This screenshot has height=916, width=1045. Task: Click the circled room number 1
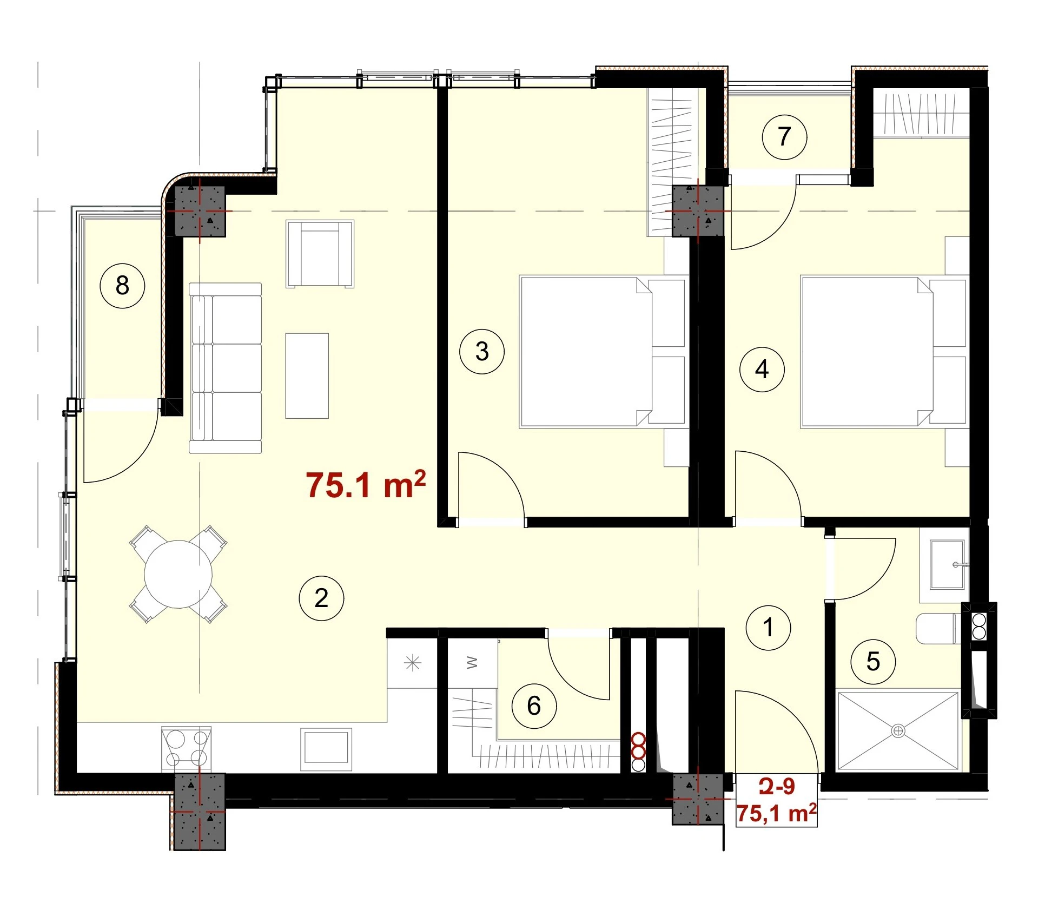pyautogui.click(x=768, y=628)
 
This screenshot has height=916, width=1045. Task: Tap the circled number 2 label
pyautogui.click(x=321, y=598)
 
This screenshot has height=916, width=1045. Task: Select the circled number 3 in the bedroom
pyautogui.click(x=482, y=352)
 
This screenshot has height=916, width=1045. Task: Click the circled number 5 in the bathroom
pyautogui.click(x=873, y=661)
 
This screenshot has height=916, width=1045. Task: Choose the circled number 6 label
pyautogui.click(x=534, y=706)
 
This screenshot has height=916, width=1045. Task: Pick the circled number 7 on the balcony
pyautogui.click(x=784, y=136)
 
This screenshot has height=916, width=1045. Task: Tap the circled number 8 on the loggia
pyautogui.click(x=122, y=285)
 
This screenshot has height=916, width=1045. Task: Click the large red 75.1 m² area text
pyautogui.click(x=366, y=484)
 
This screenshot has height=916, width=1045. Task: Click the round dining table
pyautogui.click(x=178, y=574)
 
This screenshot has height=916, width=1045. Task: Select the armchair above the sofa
pyautogui.click(x=320, y=254)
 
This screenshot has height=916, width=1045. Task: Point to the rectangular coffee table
pyautogui.click(x=307, y=375)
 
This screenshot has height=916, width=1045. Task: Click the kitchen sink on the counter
pyautogui.click(x=326, y=749)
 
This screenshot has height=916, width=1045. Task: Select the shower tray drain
pyautogui.click(x=898, y=731)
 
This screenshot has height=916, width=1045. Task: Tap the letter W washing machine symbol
pyautogui.click(x=472, y=662)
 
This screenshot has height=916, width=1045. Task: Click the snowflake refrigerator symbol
pyautogui.click(x=413, y=662)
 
